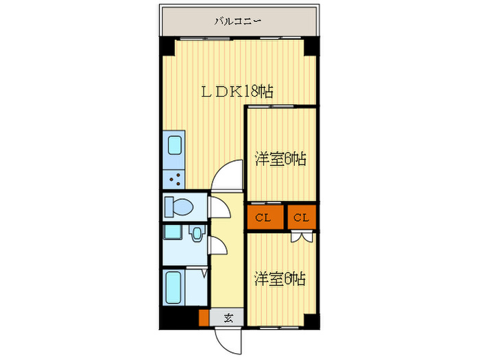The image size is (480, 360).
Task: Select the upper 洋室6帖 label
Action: (x=280, y=159)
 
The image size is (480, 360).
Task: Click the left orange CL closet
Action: (x=264, y=218)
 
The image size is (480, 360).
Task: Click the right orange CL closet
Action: (x=302, y=218)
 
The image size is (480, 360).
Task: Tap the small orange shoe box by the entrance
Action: (x=204, y=317)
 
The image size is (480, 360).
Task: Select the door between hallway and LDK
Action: (x=226, y=174)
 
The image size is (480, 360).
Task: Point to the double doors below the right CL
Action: (x=302, y=237)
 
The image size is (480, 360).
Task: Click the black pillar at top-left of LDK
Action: (x=167, y=46)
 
